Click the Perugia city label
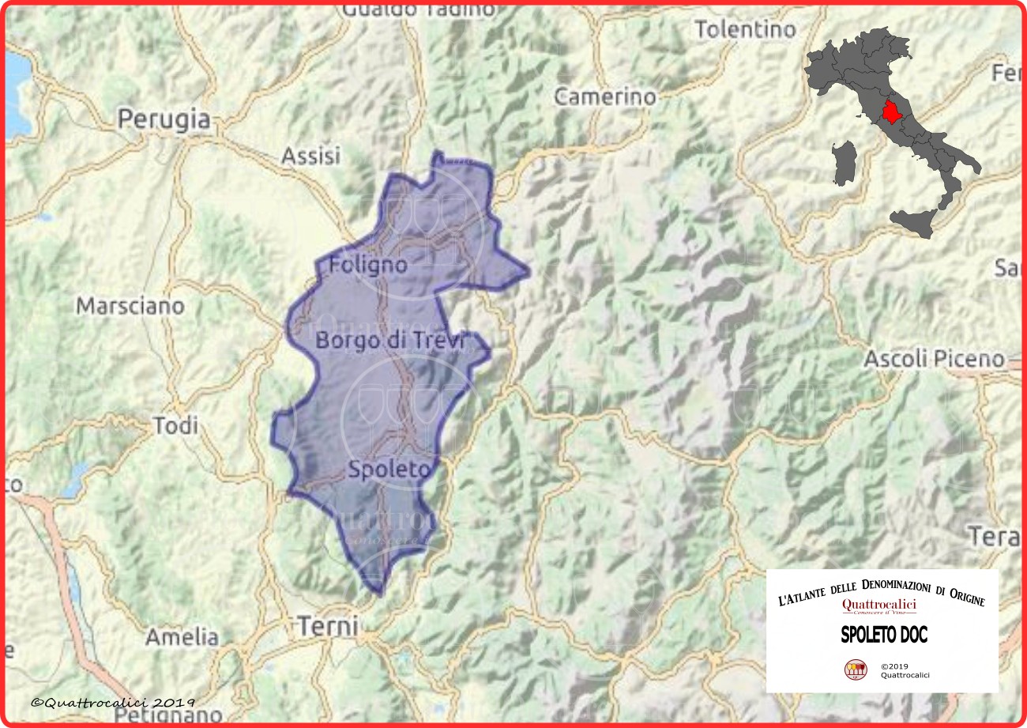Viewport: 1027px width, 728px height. (164, 119)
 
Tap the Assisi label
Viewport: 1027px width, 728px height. (310, 155)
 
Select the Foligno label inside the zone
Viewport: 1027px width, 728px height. (369, 264)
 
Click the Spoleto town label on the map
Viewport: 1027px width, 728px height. (389, 470)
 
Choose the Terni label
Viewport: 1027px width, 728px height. (329, 627)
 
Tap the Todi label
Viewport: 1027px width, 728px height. (175, 426)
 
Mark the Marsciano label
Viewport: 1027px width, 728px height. (130, 306)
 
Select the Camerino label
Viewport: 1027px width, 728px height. (604, 97)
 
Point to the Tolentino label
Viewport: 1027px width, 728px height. (745, 30)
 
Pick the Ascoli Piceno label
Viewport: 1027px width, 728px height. (933, 359)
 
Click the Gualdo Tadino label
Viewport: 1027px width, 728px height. (419, 9)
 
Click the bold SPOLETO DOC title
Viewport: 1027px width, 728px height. (883, 635)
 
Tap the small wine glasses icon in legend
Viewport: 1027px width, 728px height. (856, 670)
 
